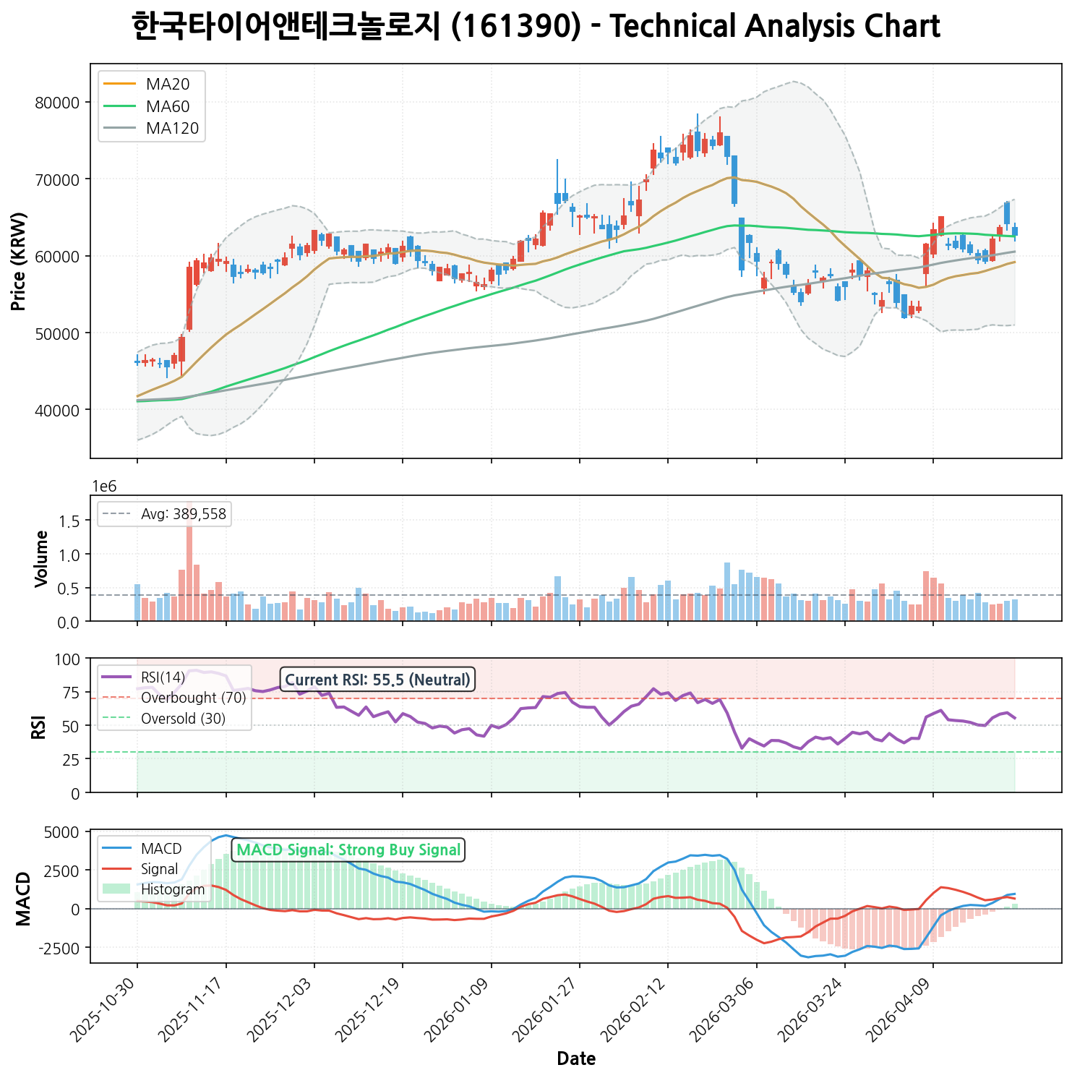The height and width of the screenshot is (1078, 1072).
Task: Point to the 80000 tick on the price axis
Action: (x=57, y=103)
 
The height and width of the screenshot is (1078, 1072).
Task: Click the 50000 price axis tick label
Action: (x=57, y=333)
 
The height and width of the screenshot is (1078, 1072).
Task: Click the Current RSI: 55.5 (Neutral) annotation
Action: (x=377, y=680)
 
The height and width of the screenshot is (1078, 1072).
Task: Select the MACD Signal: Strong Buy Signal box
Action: (x=348, y=850)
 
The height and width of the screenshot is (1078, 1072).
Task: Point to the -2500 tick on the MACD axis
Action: (x=61, y=948)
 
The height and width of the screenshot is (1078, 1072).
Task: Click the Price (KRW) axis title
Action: (x=20, y=261)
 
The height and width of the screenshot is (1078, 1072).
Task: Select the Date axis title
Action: (x=576, y=1059)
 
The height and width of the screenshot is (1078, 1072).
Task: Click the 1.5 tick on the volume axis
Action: (x=72, y=521)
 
